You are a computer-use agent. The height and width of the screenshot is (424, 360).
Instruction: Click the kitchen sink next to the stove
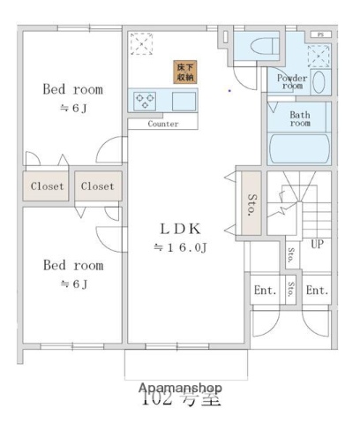[x=183, y=102]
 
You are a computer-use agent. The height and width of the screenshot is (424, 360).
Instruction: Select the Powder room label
[x=291, y=81]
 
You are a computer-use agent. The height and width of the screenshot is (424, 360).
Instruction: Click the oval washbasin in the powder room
[x=319, y=83]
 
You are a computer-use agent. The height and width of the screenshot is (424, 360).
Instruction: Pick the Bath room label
[x=300, y=119]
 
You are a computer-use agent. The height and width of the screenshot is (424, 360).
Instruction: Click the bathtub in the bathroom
[x=298, y=148]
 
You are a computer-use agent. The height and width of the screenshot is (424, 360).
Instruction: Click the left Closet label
[x=48, y=186]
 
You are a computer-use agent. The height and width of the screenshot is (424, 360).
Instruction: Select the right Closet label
[x=98, y=186]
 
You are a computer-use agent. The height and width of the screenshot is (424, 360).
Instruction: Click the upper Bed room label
[x=73, y=89]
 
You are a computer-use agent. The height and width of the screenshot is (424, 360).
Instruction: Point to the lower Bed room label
[x=73, y=265]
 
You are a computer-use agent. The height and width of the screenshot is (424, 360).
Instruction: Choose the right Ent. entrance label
[x=316, y=290]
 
